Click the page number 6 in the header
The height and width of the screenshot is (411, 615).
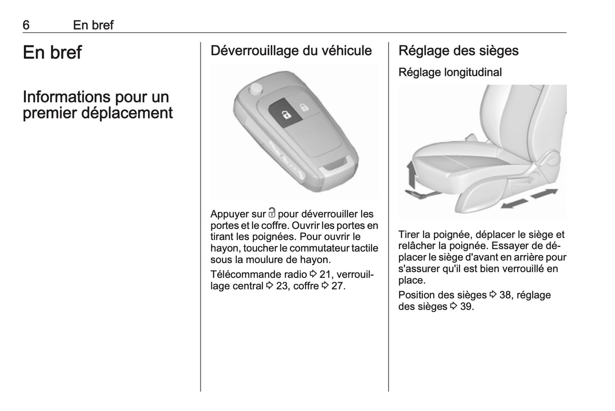(x=26, y=25)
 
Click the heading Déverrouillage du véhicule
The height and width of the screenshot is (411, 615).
(x=291, y=51)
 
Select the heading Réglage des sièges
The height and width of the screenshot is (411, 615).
(x=458, y=51)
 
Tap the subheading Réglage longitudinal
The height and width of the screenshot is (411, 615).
(x=450, y=72)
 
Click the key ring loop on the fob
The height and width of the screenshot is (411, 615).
(x=336, y=165)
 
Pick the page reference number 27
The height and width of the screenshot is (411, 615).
(x=338, y=286)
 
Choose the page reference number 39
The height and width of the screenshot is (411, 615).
(x=466, y=306)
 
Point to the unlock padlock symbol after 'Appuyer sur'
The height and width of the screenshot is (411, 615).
(x=272, y=213)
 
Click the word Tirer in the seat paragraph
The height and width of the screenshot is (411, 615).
(x=409, y=234)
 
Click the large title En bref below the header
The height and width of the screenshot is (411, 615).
(x=52, y=53)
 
